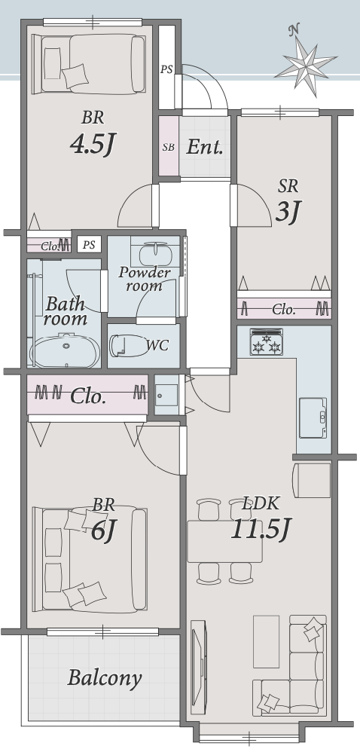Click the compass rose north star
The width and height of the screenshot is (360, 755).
(305, 63)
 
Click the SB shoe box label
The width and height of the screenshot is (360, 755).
(169, 148)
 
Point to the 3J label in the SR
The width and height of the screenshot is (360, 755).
(288, 212)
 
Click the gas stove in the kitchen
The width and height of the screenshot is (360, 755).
(266, 342)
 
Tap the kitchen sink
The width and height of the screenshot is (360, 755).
(313, 417)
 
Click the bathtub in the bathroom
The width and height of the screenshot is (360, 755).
(66, 351)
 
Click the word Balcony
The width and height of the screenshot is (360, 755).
(105, 678)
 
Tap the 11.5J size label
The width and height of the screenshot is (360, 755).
(261, 530)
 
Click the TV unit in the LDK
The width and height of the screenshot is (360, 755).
(198, 667)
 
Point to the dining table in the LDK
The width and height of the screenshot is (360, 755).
(224, 541)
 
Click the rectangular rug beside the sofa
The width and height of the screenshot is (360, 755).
(266, 641)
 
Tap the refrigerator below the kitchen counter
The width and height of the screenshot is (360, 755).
(312, 480)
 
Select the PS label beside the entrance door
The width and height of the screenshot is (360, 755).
(166, 69)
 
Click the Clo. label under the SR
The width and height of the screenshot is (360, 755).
(284, 310)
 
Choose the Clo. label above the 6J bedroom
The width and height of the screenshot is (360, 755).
(88, 397)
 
